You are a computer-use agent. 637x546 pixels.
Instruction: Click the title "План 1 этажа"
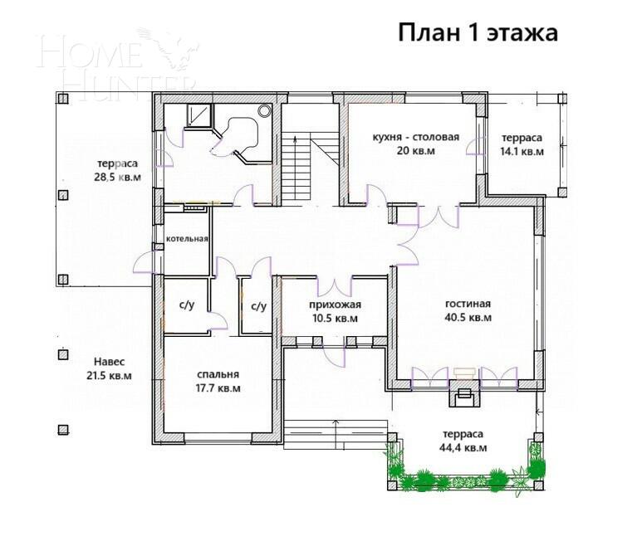pyautogui.click(x=477, y=32)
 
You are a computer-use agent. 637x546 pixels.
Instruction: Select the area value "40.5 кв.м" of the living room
pyautogui.click(x=468, y=318)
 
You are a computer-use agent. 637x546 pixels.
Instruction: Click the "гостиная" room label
pyautogui.click(x=468, y=304)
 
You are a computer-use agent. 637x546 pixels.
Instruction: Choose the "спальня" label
pyautogui.click(x=219, y=373)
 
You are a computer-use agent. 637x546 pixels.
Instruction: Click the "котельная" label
pyautogui.click(x=186, y=239)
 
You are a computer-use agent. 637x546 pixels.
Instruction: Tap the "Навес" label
pyautogui.click(x=110, y=362)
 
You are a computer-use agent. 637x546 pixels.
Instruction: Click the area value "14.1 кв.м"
pyautogui.click(x=522, y=152)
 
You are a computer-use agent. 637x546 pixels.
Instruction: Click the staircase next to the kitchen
pyautogui.click(x=296, y=166)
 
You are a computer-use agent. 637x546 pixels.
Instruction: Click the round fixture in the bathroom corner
pyautogui.click(x=265, y=110)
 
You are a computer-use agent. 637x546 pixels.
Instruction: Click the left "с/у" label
pyautogui.click(x=187, y=306)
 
